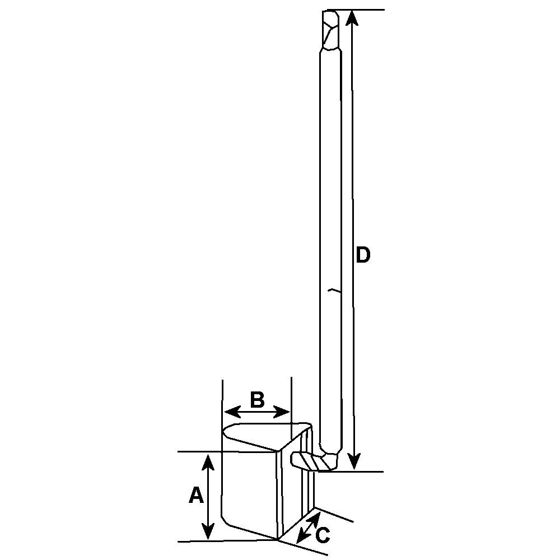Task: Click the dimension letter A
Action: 195,495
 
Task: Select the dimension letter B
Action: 257,400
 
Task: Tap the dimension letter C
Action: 323,535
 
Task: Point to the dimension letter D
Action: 363,255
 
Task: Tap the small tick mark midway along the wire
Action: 333,291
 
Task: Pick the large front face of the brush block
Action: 249,487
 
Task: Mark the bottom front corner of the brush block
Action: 278,539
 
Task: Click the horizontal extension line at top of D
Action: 364,10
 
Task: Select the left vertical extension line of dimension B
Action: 223,392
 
